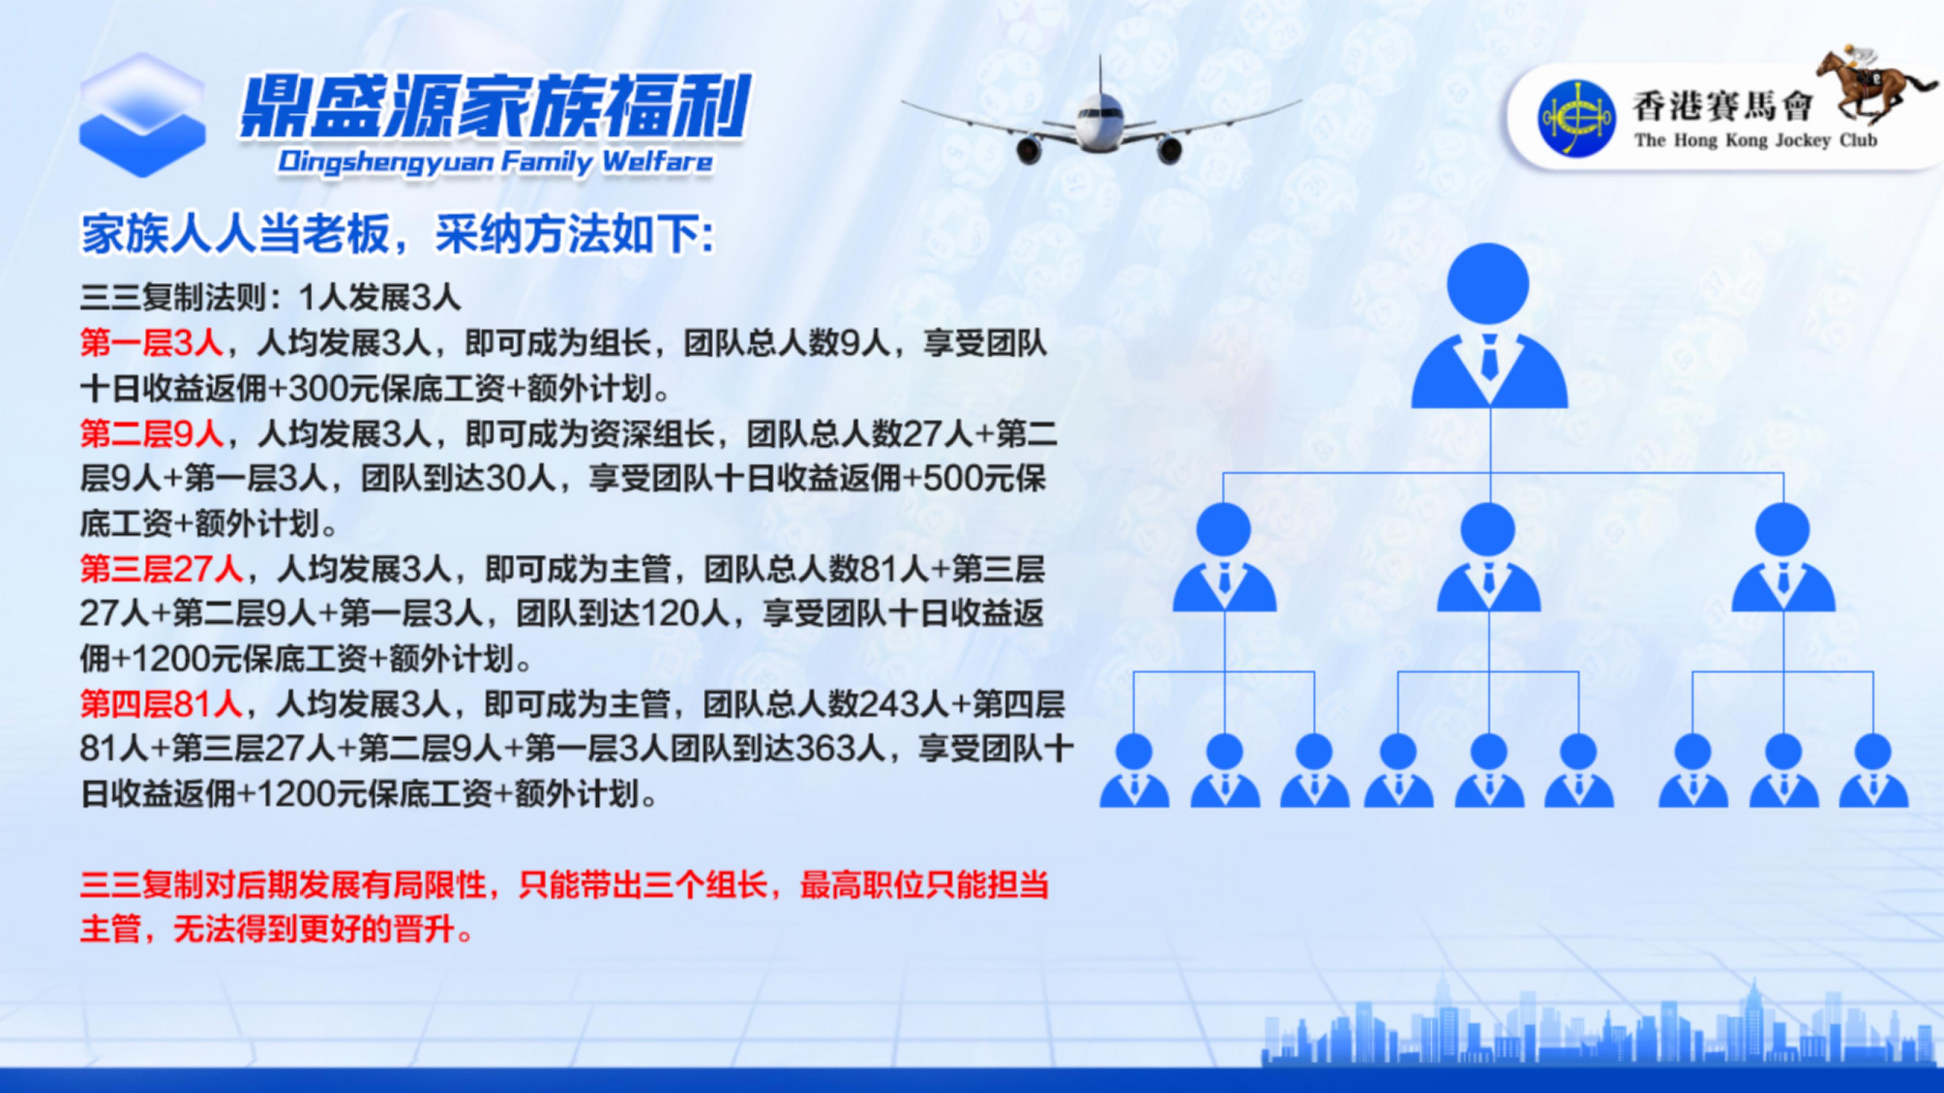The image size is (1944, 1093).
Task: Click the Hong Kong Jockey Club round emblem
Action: pyautogui.click(x=1576, y=118)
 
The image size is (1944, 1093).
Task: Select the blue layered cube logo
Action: pyautogui.click(x=143, y=115)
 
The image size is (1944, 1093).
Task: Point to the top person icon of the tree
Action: pyautogui.click(x=1489, y=326)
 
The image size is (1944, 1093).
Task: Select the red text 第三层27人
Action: pyautogui.click(x=161, y=569)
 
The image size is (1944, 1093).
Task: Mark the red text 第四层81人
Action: pyautogui.click(x=161, y=704)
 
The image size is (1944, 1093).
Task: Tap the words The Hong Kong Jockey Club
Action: pyautogui.click(x=1755, y=141)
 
